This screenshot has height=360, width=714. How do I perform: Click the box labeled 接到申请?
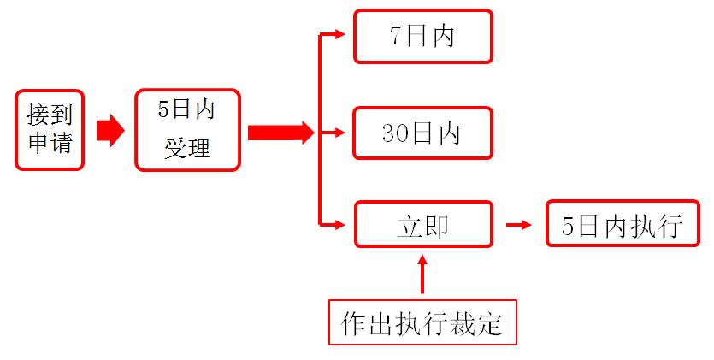point(50,130)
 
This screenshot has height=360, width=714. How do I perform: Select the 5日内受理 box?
point(187,130)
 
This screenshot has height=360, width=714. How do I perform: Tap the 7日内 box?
point(423,37)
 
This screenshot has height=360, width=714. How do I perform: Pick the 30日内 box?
point(423,133)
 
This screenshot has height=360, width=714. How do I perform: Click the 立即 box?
point(423,226)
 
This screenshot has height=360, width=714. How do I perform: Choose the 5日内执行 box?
point(623,225)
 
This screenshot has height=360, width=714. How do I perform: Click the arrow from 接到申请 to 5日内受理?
point(109,131)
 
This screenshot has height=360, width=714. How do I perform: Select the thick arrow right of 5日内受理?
point(280,133)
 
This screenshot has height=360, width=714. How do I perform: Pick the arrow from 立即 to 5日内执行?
point(519,225)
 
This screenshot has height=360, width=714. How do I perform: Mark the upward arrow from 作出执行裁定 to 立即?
point(422,274)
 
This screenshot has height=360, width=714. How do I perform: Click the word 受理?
point(187,148)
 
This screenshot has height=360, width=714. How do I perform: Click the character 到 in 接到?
point(62,113)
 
